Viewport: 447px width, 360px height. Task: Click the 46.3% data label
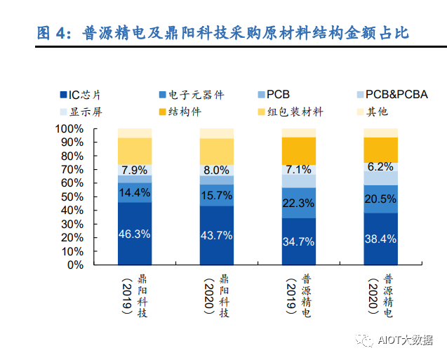click(x=134, y=234)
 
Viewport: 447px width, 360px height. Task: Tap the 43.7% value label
click(x=216, y=235)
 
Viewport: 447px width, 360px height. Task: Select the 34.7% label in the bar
click(x=298, y=241)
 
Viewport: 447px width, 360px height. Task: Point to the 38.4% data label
click(x=380, y=239)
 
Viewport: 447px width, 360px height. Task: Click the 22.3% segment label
click(x=298, y=203)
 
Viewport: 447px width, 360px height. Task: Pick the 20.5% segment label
click(x=380, y=199)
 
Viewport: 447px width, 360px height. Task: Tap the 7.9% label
click(x=134, y=170)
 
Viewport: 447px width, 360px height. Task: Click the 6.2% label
click(x=380, y=167)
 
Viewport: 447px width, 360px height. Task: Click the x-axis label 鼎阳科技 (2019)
click(x=134, y=295)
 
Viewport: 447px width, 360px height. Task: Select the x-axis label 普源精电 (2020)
click(x=380, y=295)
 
